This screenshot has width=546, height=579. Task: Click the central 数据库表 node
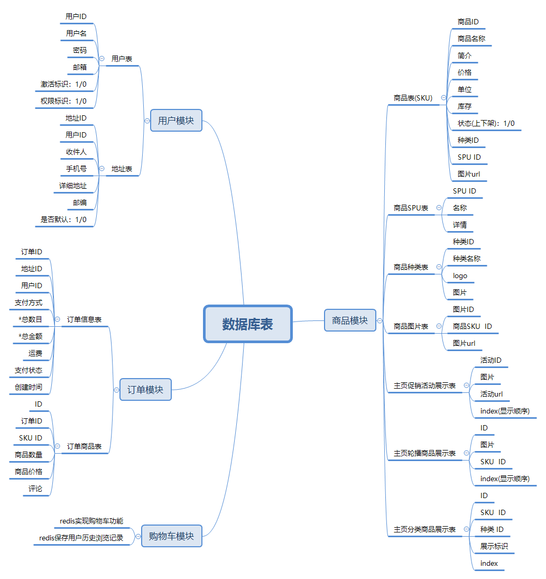coord(247,324)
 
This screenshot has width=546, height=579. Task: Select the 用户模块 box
coord(176,121)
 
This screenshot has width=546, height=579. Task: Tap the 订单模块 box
coord(145,390)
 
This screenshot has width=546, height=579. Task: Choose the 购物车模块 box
coord(171,536)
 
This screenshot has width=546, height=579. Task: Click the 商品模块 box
coord(350,320)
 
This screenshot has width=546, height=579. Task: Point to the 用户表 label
coord(122,59)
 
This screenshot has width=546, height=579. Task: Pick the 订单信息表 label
coord(84,319)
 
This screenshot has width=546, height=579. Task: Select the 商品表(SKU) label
coord(413,98)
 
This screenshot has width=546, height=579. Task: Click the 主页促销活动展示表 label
coord(424,385)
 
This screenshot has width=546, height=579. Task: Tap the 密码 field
coord(80,50)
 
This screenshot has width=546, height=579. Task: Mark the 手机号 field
coord(76,169)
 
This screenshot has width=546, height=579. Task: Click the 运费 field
coord(35,353)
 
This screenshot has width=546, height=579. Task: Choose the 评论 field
coord(35,489)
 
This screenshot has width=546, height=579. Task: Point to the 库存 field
coord(465,106)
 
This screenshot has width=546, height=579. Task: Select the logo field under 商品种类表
coord(460,275)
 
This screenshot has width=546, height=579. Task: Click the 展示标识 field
coord(494,546)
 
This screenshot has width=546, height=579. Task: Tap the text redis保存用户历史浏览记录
coord(81,538)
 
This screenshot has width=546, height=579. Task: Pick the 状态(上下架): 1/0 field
coord(486,123)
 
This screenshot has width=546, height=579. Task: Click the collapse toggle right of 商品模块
coord(380,320)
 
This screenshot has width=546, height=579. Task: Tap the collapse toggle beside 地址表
coord(101,169)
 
